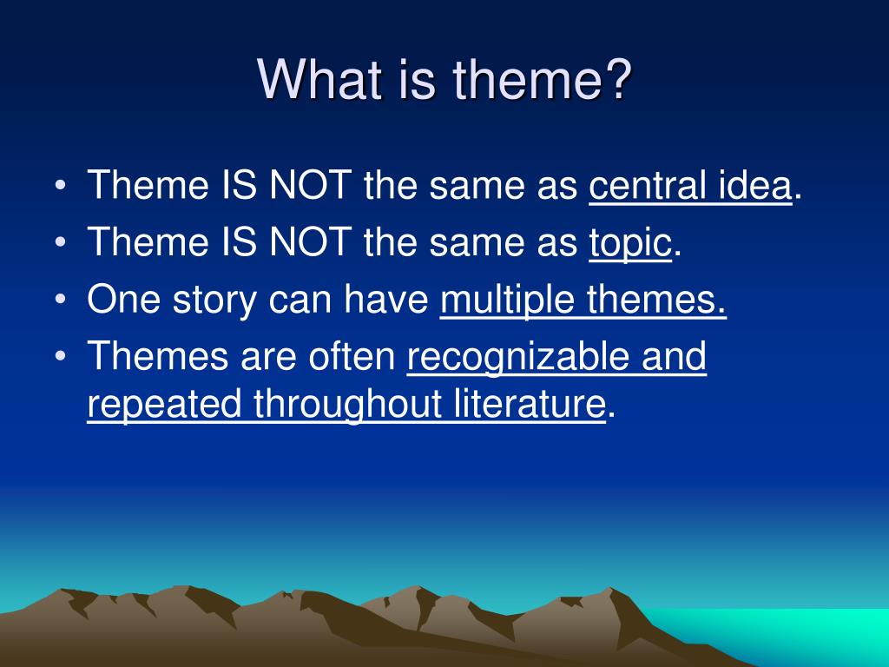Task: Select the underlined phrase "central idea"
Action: tap(690, 185)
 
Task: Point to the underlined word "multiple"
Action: tap(507, 300)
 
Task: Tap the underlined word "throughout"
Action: tap(347, 405)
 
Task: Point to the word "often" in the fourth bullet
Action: tap(352, 356)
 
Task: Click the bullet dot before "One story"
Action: tap(61, 299)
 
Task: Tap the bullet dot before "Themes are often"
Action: tap(61, 356)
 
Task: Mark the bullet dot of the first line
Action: tap(61, 185)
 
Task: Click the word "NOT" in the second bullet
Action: tap(310, 242)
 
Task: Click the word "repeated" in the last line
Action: tap(164, 405)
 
